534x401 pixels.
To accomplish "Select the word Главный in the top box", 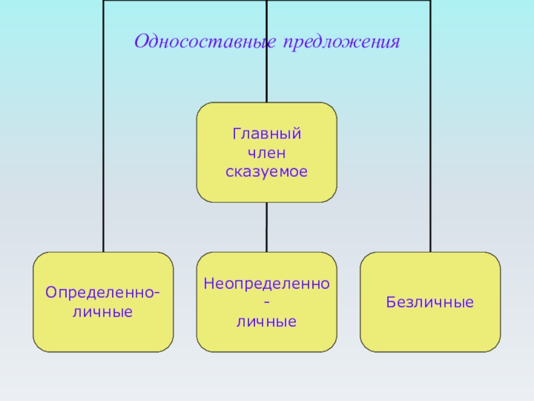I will [x=266, y=134].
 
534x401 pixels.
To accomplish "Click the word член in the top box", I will [x=266, y=153].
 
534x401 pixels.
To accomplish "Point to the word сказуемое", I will [x=266, y=172].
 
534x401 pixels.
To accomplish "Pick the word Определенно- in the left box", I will [x=103, y=293].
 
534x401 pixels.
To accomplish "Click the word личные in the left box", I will [x=103, y=311].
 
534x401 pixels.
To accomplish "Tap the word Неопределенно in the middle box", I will [x=266, y=283].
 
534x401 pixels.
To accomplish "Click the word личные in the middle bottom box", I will [x=266, y=321].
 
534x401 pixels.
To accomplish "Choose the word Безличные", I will [x=430, y=302].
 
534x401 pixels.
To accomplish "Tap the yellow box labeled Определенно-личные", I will [x=103, y=334].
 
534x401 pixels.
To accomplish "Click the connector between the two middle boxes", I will [x=266, y=227].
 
